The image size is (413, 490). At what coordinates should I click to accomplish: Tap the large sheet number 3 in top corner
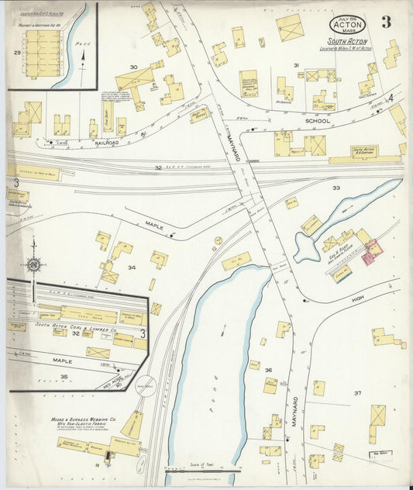[x=385, y=22]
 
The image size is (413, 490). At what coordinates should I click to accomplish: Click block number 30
[x=133, y=67]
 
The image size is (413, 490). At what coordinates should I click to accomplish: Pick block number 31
[x=295, y=65]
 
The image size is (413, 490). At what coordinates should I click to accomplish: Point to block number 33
[x=336, y=188]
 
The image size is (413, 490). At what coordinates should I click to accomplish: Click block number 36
[x=268, y=370]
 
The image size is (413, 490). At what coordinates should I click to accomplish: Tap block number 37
[x=357, y=393]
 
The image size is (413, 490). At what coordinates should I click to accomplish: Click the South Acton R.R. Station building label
[x=363, y=150]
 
